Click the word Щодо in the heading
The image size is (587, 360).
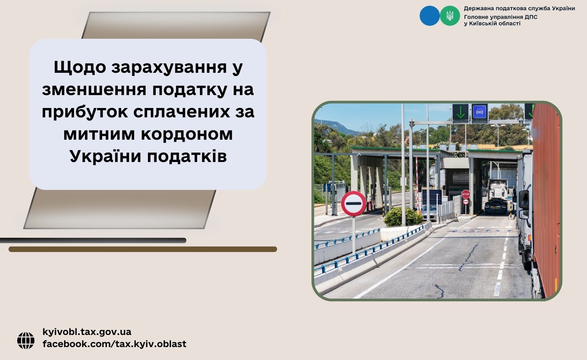point(80,67)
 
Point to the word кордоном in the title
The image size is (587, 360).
point(187,134)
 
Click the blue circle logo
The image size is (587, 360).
point(430,16)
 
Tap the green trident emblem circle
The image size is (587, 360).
point(450,16)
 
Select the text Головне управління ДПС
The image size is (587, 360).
point(501,17)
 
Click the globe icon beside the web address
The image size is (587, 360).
point(26,340)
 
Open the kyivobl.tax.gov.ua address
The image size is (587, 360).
point(87,332)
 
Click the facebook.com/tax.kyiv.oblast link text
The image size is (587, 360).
point(114,344)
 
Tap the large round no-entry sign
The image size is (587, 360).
point(353,203)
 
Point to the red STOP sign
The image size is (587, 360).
point(465,194)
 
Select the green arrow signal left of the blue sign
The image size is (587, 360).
point(460,112)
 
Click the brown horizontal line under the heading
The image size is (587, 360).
point(143,249)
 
